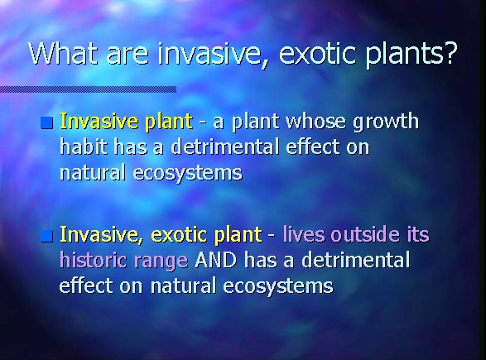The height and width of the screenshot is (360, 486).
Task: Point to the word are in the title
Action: [128, 56]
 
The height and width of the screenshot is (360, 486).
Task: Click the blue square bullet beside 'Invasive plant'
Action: [47, 122]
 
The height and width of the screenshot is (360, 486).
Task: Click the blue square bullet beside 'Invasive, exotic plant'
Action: [47, 236]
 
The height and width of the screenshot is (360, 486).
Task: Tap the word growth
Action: [386, 122]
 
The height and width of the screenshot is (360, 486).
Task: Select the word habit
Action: [84, 146]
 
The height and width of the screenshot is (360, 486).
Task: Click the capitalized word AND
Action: [216, 260]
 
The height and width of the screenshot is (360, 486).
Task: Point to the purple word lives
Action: [304, 234]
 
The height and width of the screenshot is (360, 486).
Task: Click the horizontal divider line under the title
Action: [88, 89]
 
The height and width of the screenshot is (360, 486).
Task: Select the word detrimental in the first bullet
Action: [225, 146]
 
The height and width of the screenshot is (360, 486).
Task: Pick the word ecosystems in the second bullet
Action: [278, 286]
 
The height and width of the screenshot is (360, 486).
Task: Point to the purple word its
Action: [418, 234]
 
